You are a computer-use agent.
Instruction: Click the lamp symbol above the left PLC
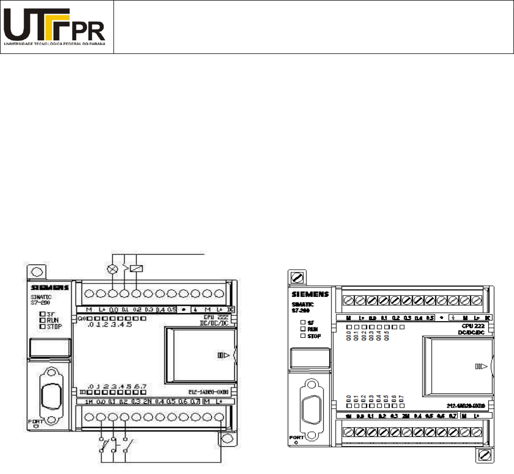[x=111, y=269]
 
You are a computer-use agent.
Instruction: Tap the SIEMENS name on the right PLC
[x=311, y=294]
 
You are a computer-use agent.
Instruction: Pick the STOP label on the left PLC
[x=58, y=325]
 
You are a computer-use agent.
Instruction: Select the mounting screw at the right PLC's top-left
[x=298, y=275]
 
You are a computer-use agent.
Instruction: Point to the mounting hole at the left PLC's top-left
[x=37, y=272]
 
